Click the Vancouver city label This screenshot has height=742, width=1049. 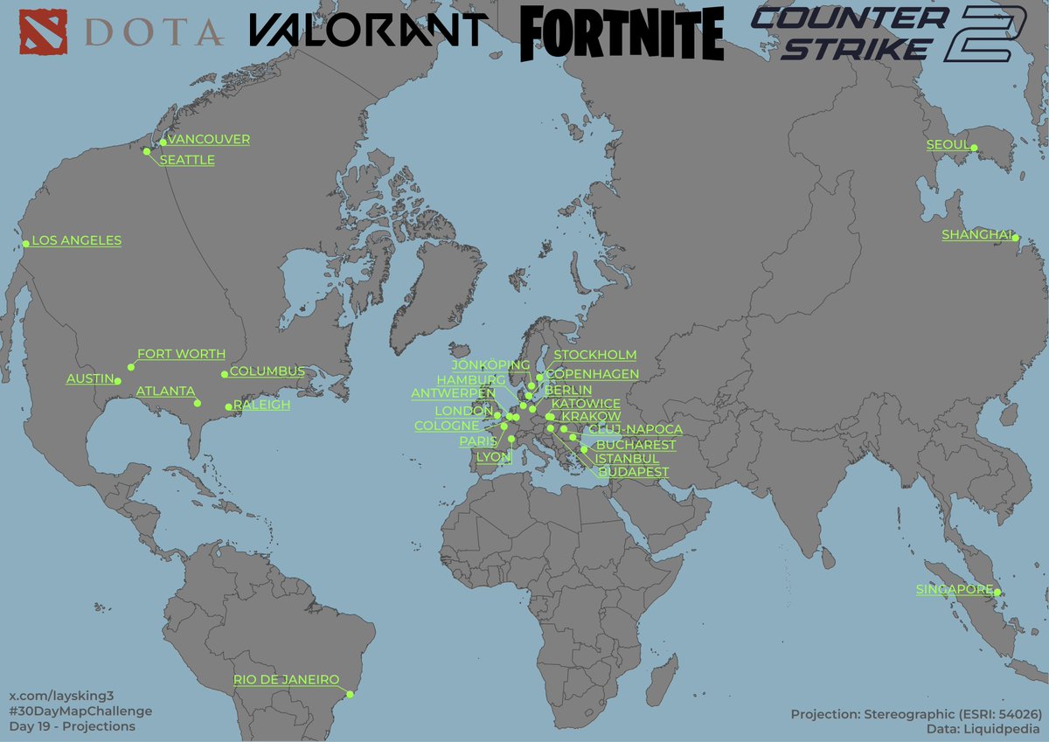[208, 140]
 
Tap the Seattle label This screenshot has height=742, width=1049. [187, 160]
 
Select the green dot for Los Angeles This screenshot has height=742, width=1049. [25, 244]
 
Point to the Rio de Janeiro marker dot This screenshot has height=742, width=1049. [350, 695]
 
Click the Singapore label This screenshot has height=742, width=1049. [954, 590]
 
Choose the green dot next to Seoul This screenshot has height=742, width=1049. [975, 148]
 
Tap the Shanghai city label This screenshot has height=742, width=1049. [976, 234]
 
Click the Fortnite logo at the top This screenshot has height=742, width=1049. [622, 34]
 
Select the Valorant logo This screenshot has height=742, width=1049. [367, 30]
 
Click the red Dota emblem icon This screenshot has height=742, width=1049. [40, 31]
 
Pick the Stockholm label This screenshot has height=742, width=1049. [595, 355]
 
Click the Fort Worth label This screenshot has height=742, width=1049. [181, 354]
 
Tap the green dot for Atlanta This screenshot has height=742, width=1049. [198, 403]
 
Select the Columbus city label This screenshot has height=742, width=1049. [267, 371]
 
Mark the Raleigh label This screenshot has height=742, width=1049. [261, 406]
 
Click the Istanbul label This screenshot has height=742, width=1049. [627, 458]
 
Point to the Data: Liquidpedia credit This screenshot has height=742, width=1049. [983, 728]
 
